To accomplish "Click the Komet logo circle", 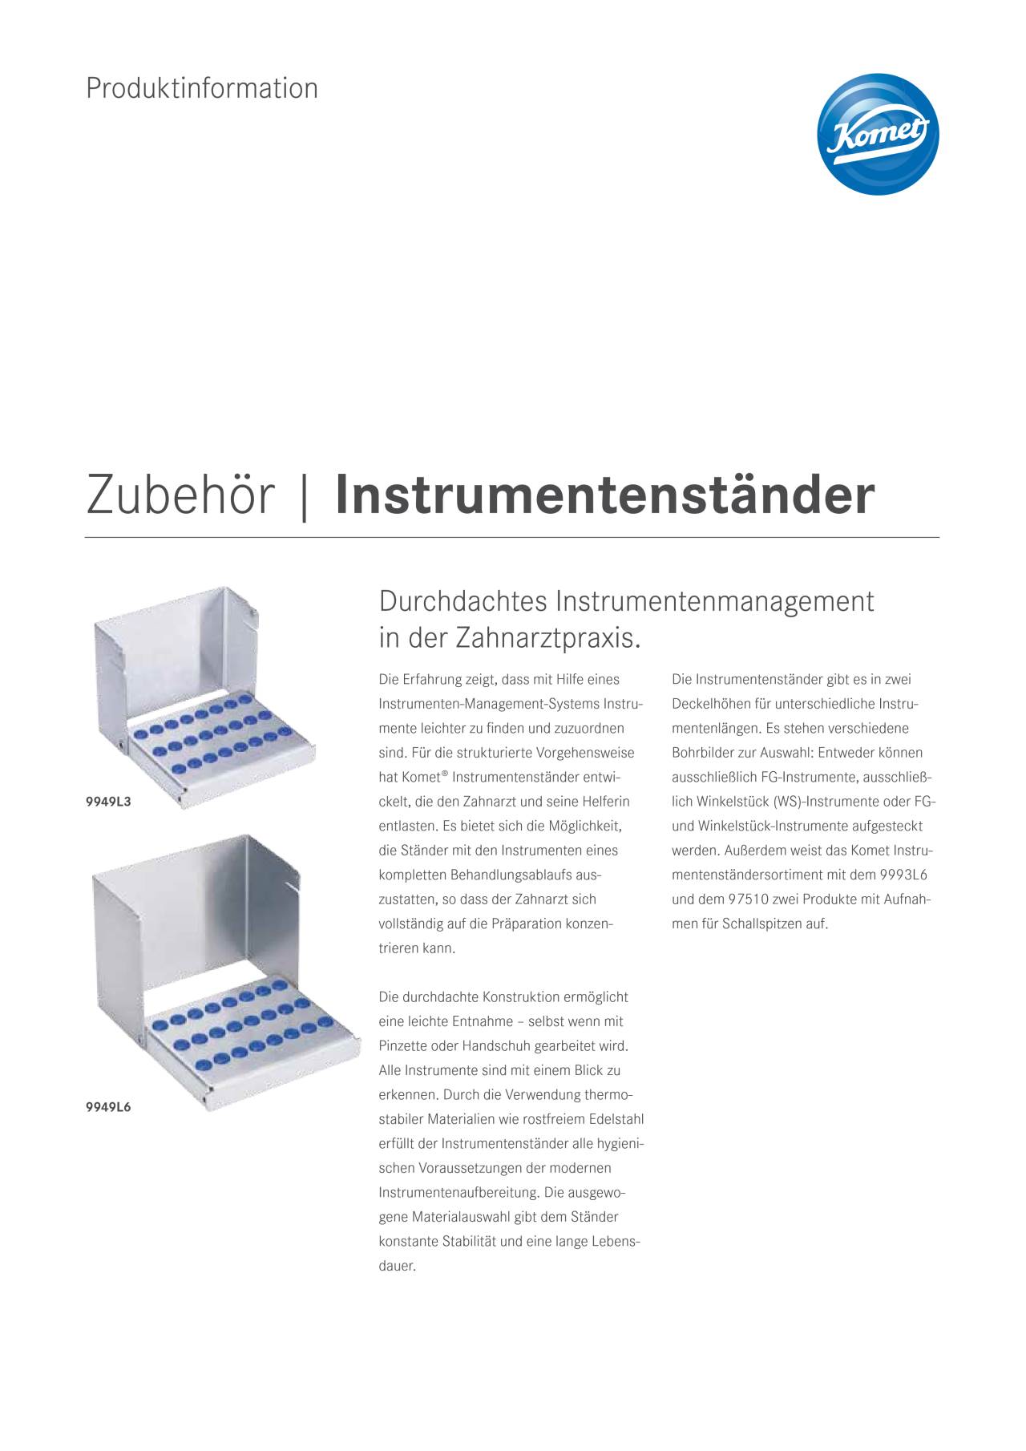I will (x=878, y=134).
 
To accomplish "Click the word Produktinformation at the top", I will (x=202, y=88).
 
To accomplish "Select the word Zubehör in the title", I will (x=180, y=495).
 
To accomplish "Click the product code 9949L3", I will (x=108, y=801).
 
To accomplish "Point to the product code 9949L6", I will (x=108, y=1107).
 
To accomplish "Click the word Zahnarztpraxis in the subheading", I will (x=548, y=638).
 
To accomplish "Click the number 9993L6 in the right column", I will (x=903, y=875).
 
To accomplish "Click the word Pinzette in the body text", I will (x=403, y=1046).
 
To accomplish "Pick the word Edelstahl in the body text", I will (x=616, y=1119).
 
